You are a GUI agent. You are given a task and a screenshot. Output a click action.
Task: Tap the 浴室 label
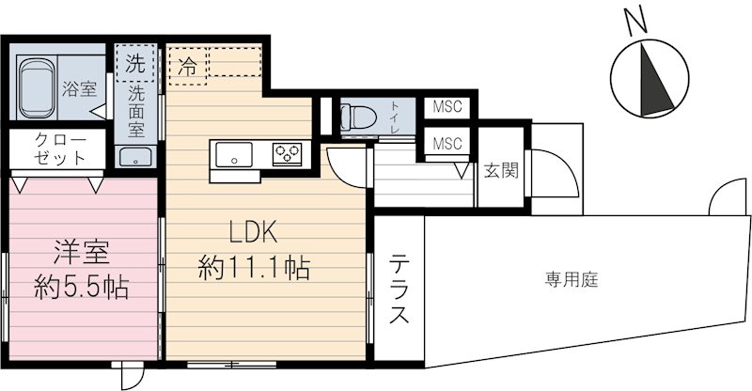point(79,90)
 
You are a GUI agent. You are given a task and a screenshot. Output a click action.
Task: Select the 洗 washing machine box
point(135,64)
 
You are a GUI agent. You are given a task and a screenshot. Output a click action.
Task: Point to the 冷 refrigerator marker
point(188,67)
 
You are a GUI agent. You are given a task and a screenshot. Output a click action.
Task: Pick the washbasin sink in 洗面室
point(136,157)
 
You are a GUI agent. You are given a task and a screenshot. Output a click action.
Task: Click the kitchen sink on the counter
point(231,153)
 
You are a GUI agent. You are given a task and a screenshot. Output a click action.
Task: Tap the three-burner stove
point(287,153)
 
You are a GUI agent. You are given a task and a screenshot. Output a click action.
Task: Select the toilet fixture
point(358,117)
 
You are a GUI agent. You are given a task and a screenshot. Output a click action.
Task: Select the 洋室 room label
point(82,252)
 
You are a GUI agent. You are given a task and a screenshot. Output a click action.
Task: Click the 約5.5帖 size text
point(82,284)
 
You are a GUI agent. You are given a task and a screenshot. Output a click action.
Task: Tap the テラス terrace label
point(401,289)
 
